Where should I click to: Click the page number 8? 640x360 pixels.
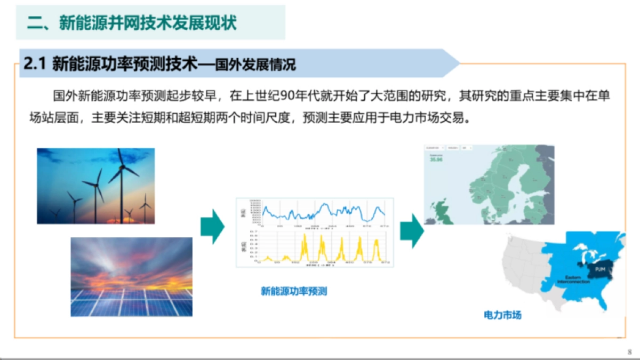[629, 351]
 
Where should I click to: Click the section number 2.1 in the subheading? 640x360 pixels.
[36, 65]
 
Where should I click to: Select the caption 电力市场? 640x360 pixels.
[502, 315]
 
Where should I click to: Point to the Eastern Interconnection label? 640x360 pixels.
[573, 279]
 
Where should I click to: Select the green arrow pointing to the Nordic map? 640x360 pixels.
[411, 228]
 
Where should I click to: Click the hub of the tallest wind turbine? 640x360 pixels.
[122, 167]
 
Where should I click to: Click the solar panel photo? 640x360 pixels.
[131, 277]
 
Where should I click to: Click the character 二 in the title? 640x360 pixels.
[35, 23]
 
